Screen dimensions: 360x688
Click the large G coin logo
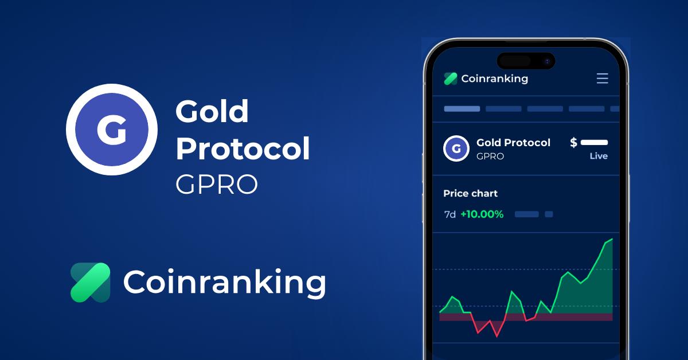[111, 130]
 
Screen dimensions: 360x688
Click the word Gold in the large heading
[212, 111]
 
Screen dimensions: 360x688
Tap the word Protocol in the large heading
[242, 148]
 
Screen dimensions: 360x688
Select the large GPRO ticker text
[216, 185]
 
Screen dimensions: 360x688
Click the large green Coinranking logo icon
[90, 282]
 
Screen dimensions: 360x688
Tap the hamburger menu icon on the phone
[602, 79]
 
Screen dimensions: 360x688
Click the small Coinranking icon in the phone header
[451, 79]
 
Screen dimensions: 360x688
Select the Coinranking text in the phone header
[494, 79]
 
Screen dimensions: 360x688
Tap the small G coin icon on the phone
[456, 148]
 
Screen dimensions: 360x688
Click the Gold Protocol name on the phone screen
[513, 143]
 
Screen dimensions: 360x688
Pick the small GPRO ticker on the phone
[490, 156]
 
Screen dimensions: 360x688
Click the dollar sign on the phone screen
[573, 143]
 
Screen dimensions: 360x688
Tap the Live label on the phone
[599, 156]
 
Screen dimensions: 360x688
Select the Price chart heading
[470, 194]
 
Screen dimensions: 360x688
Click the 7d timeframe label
[450, 214]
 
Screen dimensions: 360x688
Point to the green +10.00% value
[482, 214]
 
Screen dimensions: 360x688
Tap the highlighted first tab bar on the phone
[462, 108]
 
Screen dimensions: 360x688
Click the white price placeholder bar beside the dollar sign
[594, 143]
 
